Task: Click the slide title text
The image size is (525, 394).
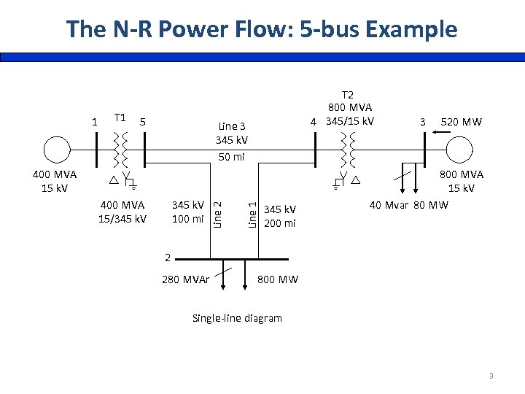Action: click(x=262, y=29)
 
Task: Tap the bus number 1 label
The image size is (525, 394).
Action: click(x=93, y=121)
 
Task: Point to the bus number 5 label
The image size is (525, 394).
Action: click(x=144, y=121)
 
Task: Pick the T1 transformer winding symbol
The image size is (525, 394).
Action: click(x=121, y=150)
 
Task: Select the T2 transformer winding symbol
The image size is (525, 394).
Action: click(x=348, y=150)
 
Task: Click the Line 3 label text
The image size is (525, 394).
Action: click(x=232, y=125)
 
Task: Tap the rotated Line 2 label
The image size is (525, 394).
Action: click(x=217, y=209)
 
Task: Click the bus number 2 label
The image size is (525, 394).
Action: click(x=168, y=258)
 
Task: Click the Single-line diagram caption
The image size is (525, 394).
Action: click(x=236, y=318)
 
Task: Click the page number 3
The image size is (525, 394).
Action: click(x=491, y=376)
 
